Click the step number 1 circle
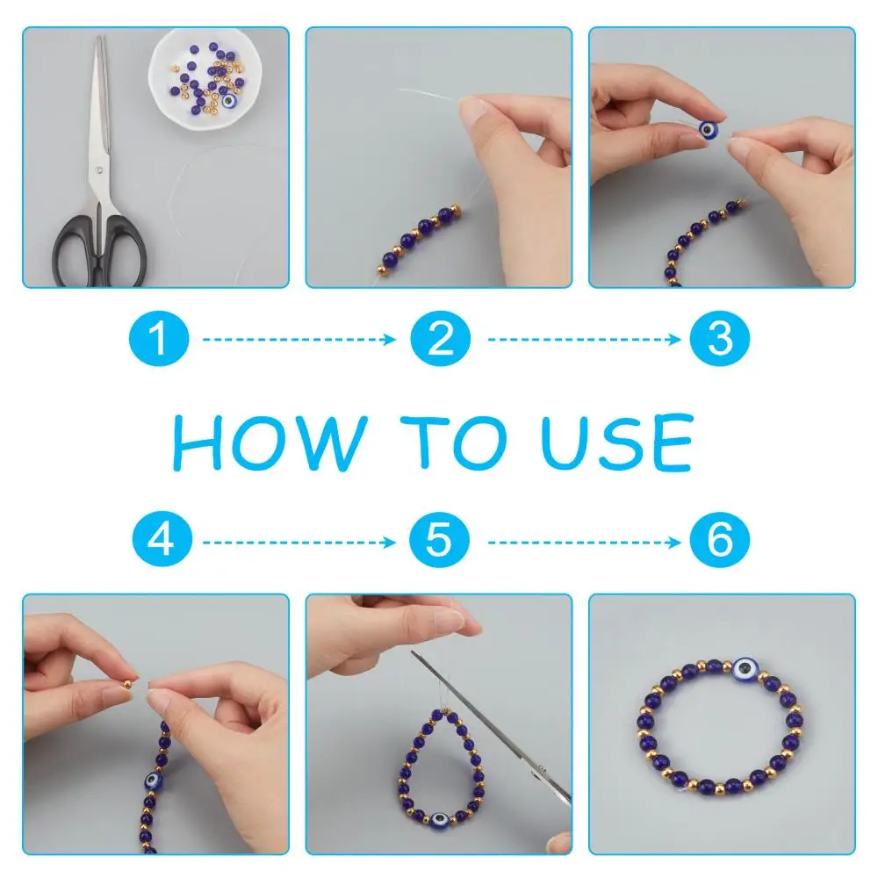pyautogui.click(x=159, y=338)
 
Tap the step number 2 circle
pyautogui.click(x=440, y=338)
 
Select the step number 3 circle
pyautogui.click(x=720, y=338)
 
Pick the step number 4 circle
pyautogui.click(x=162, y=539)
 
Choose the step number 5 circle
pyautogui.click(x=439, y=539)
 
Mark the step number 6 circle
pyautogui.click(x=720, y=539)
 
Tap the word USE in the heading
pyautogui.click(x=617, y=442)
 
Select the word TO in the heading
pyautogui.click(x=454, y=443)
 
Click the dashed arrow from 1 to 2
pyautogui.click(x=299, y=339)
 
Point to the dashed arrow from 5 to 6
pyautogui.click(x=584, y=542)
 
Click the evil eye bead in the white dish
pyautogui.click(x=229, y=101)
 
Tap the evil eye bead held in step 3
pyautogui.click(x=709, y=130)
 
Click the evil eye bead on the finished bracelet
pyautogui.click(x=746, y=668)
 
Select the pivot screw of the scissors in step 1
pyautogui.click(x=99, y=169)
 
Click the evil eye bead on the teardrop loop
pyautogui.click(x=439, y=820)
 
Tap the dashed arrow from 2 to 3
pyautogui.click(x=584, y=339)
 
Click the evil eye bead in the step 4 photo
pyautogui.click(x=153, y=780)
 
